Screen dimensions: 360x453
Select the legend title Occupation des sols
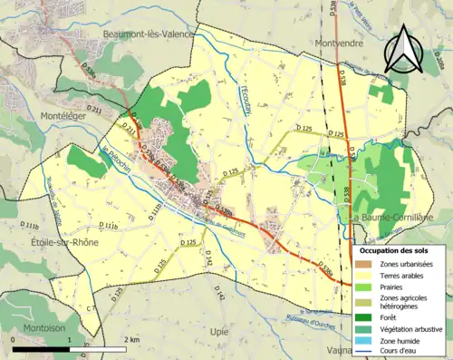[400, 249]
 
